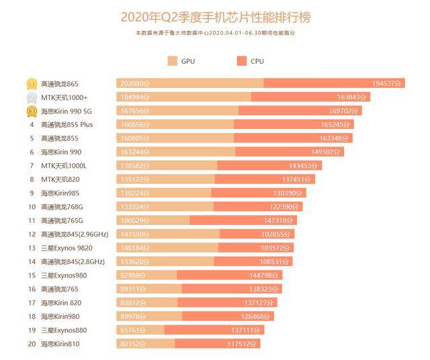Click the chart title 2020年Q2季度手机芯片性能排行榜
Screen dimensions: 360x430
215,15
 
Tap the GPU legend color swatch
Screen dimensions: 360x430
173,61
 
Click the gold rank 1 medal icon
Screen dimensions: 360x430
31,83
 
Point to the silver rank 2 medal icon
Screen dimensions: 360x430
31,97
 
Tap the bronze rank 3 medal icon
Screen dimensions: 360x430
31,111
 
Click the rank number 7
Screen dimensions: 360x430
32,165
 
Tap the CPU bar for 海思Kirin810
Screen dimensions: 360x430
217,344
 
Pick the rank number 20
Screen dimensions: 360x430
32,344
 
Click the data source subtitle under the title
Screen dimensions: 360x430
215,32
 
